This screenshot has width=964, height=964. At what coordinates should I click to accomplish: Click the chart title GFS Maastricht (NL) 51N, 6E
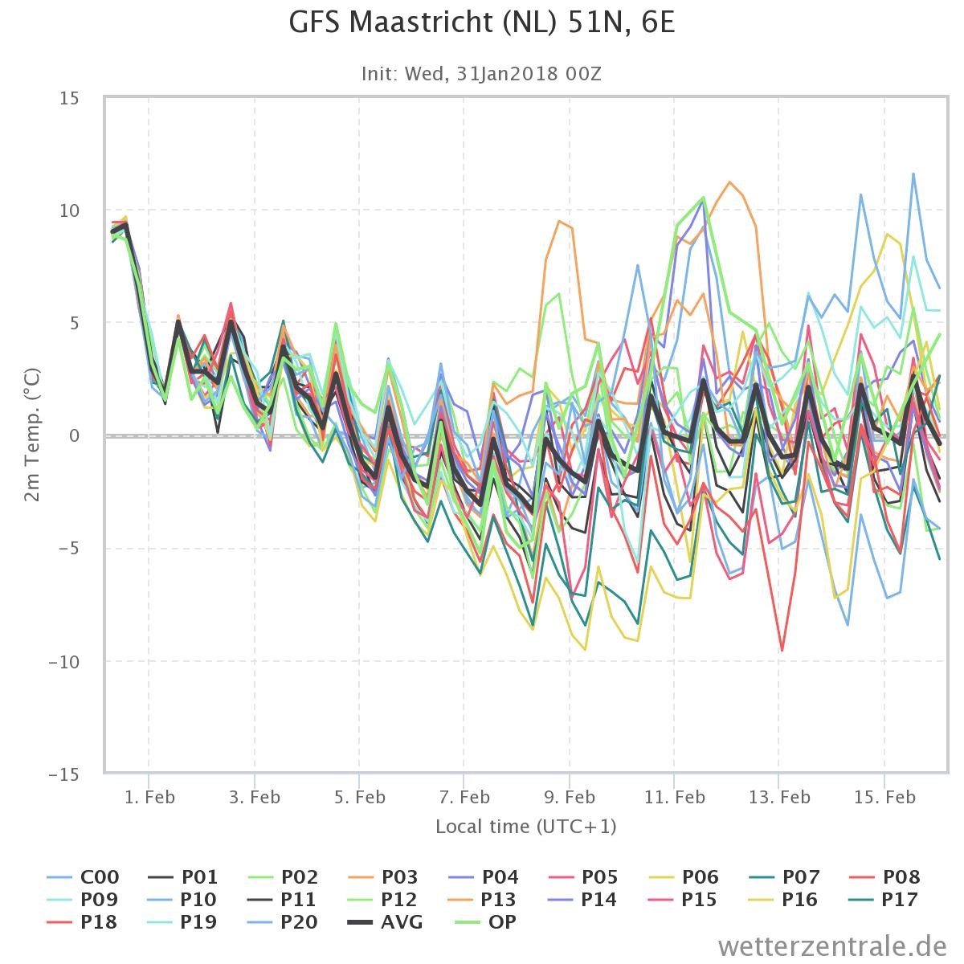pos(482,22)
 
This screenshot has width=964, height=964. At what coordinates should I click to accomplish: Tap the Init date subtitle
pos(481,74)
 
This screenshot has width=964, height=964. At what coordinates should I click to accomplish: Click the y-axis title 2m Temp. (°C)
pos(32,435)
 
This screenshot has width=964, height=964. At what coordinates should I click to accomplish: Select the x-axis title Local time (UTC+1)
pos(525,826)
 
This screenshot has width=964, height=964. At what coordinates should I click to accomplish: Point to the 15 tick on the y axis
pos(70,98)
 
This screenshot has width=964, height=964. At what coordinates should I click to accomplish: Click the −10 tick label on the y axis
pos(63,662)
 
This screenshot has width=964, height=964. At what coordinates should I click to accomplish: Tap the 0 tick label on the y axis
pos(75,435)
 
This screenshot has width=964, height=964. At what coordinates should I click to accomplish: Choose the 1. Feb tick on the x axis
pos(149,797)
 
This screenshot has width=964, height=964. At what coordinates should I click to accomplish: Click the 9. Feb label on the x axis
pos(570,797)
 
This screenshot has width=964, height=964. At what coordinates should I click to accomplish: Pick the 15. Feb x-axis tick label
pos(884,797)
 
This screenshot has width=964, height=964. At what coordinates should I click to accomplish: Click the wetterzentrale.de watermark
pos(832,946)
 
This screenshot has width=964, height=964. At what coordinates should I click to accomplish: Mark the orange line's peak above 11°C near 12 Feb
pos(729,182)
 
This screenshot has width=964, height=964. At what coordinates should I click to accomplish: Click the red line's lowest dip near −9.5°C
pos(782,651)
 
